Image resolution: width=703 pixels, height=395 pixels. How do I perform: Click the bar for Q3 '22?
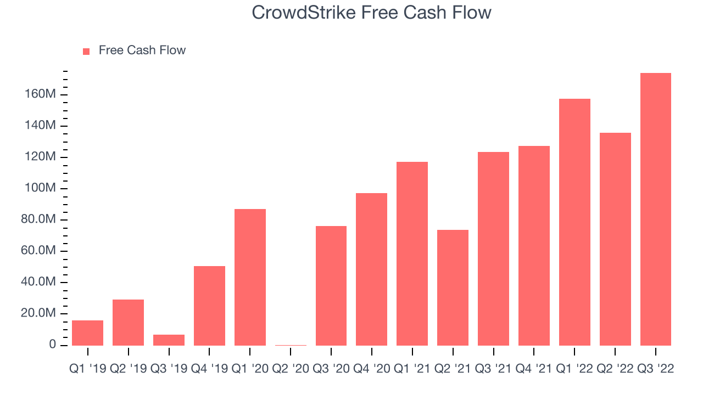click(x=656, y=210)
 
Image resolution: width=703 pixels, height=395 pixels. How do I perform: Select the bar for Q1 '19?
click(x=87, y=333)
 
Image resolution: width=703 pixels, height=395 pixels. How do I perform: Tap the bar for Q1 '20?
click(x=250, y=278)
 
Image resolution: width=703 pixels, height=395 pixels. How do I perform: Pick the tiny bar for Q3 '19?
click(x=169, y=340)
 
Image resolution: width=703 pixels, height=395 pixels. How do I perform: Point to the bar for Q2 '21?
click(x=453, y=288)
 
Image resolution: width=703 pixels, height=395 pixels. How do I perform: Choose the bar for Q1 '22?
click(x=574, y=222)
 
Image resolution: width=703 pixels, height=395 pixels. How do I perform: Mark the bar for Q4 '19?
click(x=209, y=306)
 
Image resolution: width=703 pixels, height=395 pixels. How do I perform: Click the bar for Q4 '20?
click(x=372, y=269)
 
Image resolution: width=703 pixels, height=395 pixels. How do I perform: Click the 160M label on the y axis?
click(x=40, y=94)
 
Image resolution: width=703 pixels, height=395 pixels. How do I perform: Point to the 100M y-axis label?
click(x=40, y=188)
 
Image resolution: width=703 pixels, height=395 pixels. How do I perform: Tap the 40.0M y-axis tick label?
click(x=38, y=281)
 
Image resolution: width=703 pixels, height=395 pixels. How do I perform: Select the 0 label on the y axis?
click(x=52, y=344)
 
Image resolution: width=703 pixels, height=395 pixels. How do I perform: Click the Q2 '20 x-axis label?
click(x=291, y=369)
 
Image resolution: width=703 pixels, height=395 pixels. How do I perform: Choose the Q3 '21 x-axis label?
click(x=493, y=369)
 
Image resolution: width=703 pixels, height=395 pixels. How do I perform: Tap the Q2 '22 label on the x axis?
click(x=615, y=369)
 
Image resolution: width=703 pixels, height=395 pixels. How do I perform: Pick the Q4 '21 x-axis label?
click(x=534, y=369)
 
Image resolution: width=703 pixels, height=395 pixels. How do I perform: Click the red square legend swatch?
click(x=86, y=52)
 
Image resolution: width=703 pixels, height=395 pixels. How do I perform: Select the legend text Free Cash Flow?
click(x=142, y=50)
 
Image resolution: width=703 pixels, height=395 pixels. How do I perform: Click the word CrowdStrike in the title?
click(x=304, y=13)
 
